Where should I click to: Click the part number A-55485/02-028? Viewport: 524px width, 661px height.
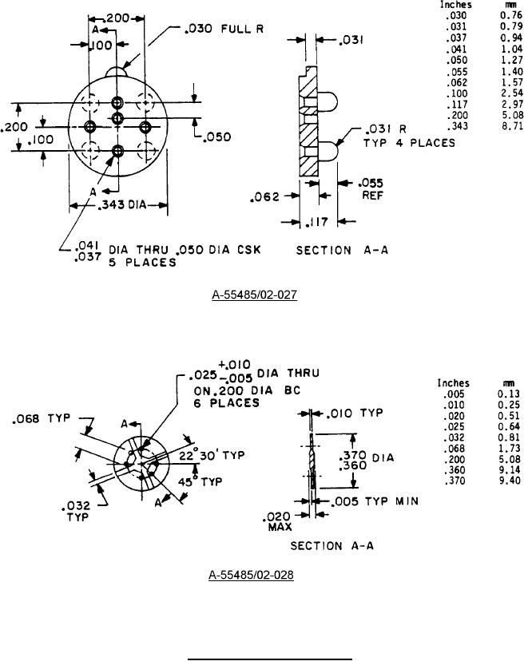tap(251, 575)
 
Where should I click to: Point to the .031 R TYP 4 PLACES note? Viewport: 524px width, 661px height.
tap(411, 136)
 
